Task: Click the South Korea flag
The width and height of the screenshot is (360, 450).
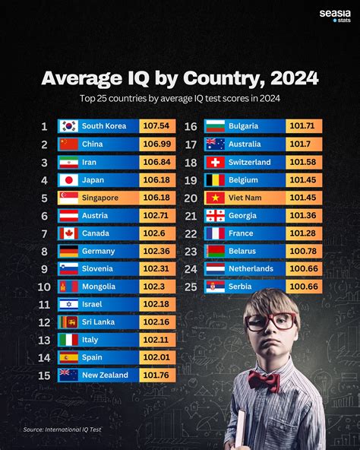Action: [x=69, y=126]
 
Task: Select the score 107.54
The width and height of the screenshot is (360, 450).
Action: [x=157, y=126]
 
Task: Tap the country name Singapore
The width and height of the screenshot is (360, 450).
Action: [x=100, y=198]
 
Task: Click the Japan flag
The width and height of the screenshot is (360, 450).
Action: [x=69, y=180]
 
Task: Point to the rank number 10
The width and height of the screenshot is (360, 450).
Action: [x=44, y=287]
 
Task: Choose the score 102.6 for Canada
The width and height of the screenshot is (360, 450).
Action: [x=157, y=233]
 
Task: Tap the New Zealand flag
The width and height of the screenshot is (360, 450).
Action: [x=69, y=376]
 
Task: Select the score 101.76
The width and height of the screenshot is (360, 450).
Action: [x=157, y=376]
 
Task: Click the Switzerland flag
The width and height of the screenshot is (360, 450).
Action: [x=215, y=162]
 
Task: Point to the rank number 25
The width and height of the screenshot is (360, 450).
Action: [x=191, y=287]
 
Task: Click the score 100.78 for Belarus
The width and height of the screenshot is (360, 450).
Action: [x=305, y=251]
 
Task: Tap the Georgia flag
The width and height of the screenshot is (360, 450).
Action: [x=215, y=215]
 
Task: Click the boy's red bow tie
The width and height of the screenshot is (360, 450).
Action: [x=264, y=378]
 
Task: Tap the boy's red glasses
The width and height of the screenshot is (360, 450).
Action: [x=270, y=321]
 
